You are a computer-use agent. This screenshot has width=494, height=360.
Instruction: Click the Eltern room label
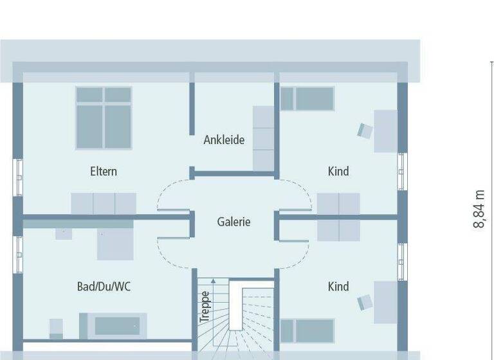pyautogui.click(x=103, y=171)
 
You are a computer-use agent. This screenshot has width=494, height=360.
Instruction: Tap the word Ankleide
pyautogui.click(x=224, y=139)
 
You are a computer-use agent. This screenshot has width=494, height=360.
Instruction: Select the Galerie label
pyautogui.click(x=233, y=222)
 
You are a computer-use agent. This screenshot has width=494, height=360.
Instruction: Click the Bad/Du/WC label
pyautogui.click(x=103, y=287)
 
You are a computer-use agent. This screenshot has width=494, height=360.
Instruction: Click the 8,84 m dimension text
pyautogui.click(x=479, y=210)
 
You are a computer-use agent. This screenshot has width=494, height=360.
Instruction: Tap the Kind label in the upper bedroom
pyautogui.click(x=338, y=171)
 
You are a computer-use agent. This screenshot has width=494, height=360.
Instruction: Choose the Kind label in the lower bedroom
pyautogui.click(x=338, y=287)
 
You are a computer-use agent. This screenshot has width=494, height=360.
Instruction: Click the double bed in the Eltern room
pyautogui.click(x=104, y=118)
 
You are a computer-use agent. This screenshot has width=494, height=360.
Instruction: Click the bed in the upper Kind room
pyautogui.click(x=307, y=99)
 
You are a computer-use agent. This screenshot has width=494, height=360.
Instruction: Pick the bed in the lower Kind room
pyautogui.click(x=307, y=330)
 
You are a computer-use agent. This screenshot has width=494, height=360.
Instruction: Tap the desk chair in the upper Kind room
pyautogui.click(x=365, y=130)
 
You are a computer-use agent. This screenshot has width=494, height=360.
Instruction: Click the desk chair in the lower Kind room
pyautogui.click(x=365, y=301)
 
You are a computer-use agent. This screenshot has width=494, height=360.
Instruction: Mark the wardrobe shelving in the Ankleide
pyautogui.click(x=264, y=139)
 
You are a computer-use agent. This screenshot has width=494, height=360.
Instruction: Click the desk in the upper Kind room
pyautogui.click(x=386, y=131)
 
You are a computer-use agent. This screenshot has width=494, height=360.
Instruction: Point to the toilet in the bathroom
pyautogui.click(x=56, y=327)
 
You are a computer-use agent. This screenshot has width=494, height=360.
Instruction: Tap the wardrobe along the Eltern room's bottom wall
pyautogui.click(x=104, y=203)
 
